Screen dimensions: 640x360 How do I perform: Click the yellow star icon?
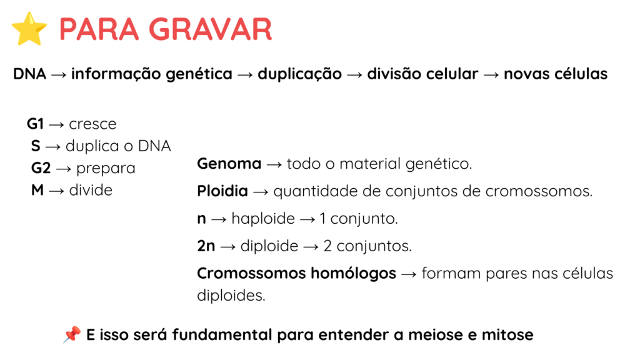pyautogui.click(x=29, y=29)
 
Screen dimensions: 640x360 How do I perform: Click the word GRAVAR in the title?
pyautogui.click(x=210, y=29)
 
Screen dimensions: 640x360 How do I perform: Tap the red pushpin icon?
pyautogui.click(x=72, y=335)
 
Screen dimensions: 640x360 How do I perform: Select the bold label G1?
pyautogui.click(x=35, y=124)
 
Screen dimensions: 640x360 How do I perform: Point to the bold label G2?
pyautogui.click(x=41, y=167)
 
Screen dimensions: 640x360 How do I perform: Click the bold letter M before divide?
pyautogui.click(x=37, y=190)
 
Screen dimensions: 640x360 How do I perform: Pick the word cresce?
pyautogui.click(x=92, y=124)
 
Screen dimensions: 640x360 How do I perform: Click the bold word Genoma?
pyautogui.click(x=229, y=164)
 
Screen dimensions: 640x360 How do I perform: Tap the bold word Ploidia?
pyautogui.click(x=222, y=191)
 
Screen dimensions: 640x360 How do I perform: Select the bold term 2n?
pyautogui.click(x=206, y=246)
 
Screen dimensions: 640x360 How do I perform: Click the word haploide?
pyautogui.click(x=263, y=219)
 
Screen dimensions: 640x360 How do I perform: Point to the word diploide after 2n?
pyautogui.click(x=269, y=246)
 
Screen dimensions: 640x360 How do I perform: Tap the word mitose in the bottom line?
pyautogui.click(x=507, y=335)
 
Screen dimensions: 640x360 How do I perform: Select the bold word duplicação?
pyautogui.click(x=299, y=74)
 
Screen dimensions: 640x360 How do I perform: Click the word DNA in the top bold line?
pyautogui.click(x=29, y=74)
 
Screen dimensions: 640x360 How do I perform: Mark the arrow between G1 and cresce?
pyautogui.click(x=56, y=124)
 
